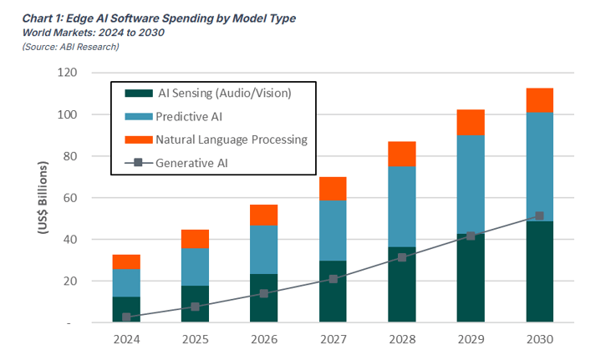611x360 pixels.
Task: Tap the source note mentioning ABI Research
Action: coord(70,46)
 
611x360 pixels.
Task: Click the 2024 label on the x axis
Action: coord(126,340)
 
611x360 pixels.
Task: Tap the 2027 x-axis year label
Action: coord(333,340)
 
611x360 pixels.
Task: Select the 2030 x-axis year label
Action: coord(539,340)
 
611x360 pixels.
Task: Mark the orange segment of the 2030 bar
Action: coord(539,100)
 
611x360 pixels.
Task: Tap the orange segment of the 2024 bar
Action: coord(126,261)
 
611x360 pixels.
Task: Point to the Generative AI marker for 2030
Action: coord(539,216)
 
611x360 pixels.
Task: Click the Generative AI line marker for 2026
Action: coord(264,293)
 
